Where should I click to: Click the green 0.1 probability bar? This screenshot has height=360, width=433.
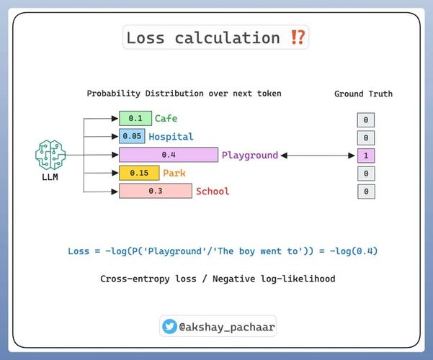coord(135,118)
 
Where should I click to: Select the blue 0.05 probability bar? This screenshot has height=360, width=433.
coord(132,136)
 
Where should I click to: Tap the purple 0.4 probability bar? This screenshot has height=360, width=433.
coord(169,155)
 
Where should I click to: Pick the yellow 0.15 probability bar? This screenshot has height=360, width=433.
coord(139,173)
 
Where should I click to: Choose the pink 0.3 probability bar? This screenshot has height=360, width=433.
coord(156,191)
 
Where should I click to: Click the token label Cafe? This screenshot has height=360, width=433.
coord(166,118)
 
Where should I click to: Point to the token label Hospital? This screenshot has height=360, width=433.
coord(171,137)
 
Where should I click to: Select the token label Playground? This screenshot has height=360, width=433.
coord(250,155)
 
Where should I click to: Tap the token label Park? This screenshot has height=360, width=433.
coord(174,173)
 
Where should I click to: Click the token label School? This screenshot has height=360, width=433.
coord(213,191)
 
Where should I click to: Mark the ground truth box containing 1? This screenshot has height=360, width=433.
coord(366,156)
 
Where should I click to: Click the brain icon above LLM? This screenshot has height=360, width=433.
coord(50,155)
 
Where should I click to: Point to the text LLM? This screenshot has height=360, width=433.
coord(50,177)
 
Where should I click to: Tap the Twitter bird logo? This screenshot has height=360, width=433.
coord(169,326)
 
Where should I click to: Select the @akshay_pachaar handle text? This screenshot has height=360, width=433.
coord(227,327)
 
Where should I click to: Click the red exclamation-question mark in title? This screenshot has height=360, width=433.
coord(298,37)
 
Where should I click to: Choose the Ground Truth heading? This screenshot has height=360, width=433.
coord(363,94)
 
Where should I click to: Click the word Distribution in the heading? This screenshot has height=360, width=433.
coord(174,94)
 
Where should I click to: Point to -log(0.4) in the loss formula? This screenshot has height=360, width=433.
coord(354,251)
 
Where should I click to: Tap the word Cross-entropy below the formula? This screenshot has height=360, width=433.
coord(135,279)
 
